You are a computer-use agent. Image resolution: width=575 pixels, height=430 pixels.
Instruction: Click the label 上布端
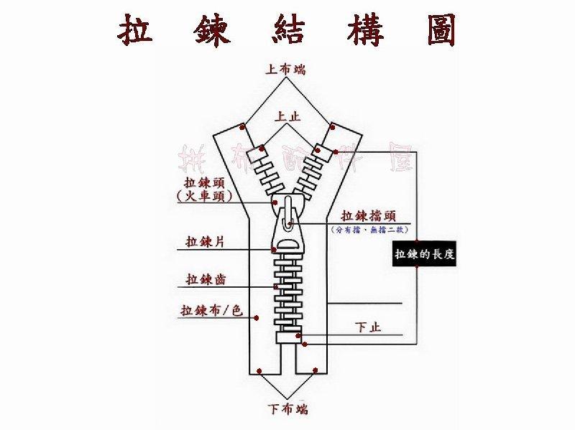click(x=285, y=70)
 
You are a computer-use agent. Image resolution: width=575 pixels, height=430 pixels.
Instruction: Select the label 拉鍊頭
click(x=204, y=182)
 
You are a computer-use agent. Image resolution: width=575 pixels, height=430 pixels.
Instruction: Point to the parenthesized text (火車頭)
click(x=204, y=196)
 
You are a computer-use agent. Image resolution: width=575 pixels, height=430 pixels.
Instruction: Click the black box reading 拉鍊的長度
click(x=424, y=254)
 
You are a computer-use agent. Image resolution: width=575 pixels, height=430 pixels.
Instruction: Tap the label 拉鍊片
click(x=205, y=241)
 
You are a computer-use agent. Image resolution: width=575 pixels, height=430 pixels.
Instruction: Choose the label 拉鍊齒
click(x=205, y=279)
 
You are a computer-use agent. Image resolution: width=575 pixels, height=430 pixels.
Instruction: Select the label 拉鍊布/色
click(x=211, y=311)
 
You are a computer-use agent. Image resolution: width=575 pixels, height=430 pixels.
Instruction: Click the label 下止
click(x=369, y=327)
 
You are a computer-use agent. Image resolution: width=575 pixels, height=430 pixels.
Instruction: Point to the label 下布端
click(x=287, y=410)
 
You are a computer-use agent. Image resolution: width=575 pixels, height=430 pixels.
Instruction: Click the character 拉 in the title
click(x=136, y=29)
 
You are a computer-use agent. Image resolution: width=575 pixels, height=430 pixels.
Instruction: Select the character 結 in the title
click(x=287, y=29)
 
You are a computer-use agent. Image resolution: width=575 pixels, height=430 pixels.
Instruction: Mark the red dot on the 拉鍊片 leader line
click(x=274, y=250)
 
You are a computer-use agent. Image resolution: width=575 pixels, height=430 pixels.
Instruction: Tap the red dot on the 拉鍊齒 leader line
click(x=275, y=287)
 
